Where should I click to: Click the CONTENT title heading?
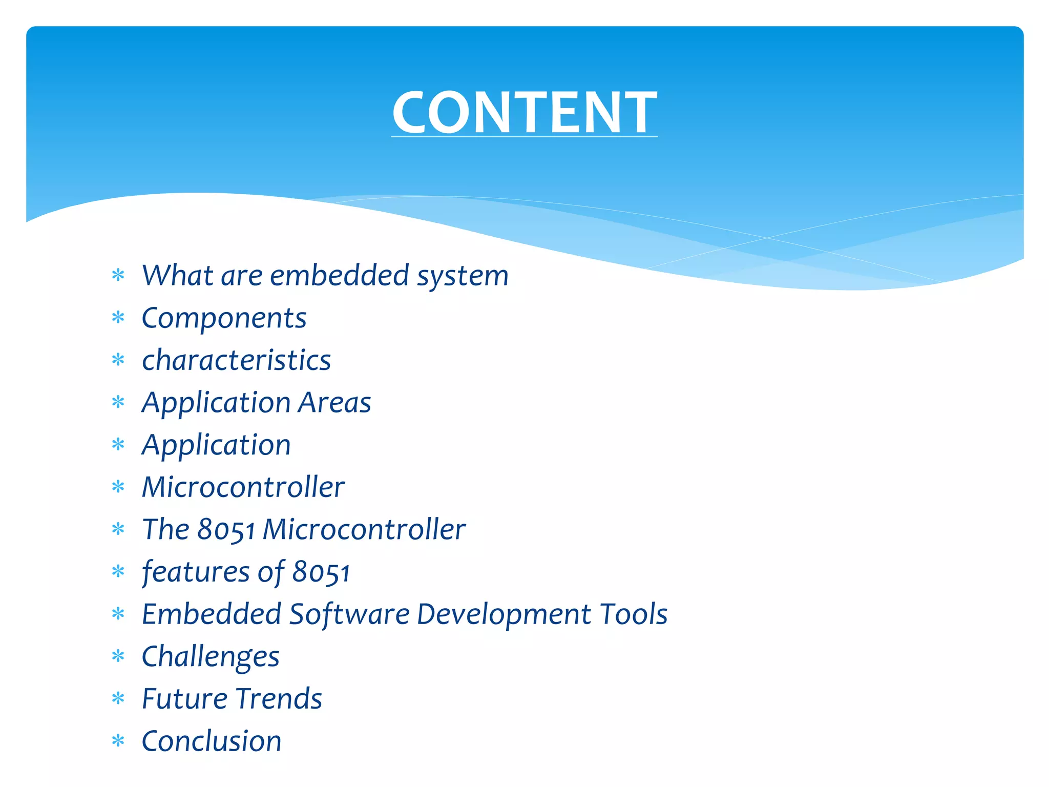(x=524, y=112)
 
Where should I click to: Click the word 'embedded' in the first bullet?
(x=339, y=275)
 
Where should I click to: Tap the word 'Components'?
(x=224, y=318)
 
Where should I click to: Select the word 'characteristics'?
(x=236, y=360)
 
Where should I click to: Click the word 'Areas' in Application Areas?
(x=334, y=403)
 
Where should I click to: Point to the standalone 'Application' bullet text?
(x=216, y=445)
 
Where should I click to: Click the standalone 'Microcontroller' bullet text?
(x=243, y=487)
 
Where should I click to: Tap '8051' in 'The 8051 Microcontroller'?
(x=226, y=529)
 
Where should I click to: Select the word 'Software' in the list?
(x=349, y=614)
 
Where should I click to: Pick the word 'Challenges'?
(x=211, y=656)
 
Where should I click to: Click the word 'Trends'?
(x=279, y=698)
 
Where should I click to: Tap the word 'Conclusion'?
(x=212, y=741)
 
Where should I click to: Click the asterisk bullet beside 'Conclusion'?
(x=118, y=741)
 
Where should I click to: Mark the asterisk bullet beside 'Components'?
(x=118, y=318)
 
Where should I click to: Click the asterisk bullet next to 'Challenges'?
(x=118, y=656)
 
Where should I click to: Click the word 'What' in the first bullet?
(x=177, y=275)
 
